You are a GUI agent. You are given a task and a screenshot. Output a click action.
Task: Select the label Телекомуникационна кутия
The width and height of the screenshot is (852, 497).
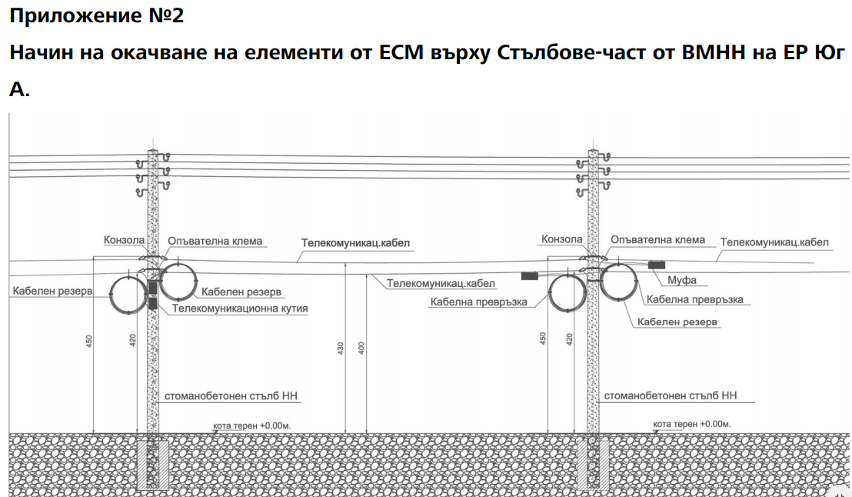pyautogui.click(x=239, y=309)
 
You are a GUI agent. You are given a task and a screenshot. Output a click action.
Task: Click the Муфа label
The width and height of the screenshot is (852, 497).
pyautogui.click(x=682, y=280)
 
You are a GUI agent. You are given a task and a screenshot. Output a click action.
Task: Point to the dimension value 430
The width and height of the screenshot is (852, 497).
pyautogui.click(x=340, y=347)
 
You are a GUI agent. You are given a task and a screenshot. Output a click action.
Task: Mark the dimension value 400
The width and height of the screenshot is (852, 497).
pyautogui.click(x=361, y=347)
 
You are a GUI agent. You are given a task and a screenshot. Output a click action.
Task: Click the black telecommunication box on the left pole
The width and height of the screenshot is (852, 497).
pyautogui.click(x=152, y=295)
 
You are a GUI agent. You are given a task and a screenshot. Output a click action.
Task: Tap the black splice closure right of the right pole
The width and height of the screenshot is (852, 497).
pyautogui.click(x=656, y=265)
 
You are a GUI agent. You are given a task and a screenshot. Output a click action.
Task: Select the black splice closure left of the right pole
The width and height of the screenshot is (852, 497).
pyautogui.click(x=529, y=275)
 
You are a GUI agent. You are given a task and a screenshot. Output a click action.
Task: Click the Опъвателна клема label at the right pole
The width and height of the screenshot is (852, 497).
pyautogui.click(x=657, y=240)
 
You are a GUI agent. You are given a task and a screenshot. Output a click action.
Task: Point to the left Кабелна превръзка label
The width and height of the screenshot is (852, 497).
pyautogui.click(x=478, y=302)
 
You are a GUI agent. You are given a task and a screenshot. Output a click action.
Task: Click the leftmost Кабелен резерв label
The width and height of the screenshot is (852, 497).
pyautogui.click(x=52, y=292)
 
